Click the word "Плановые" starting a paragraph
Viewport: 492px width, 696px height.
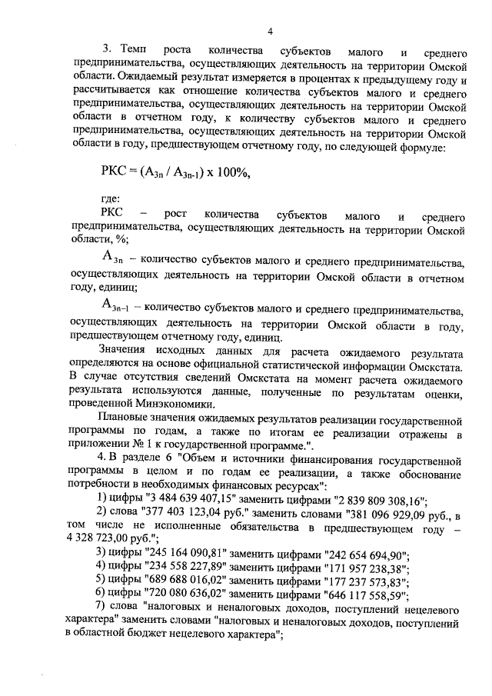(x=126, y=423)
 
